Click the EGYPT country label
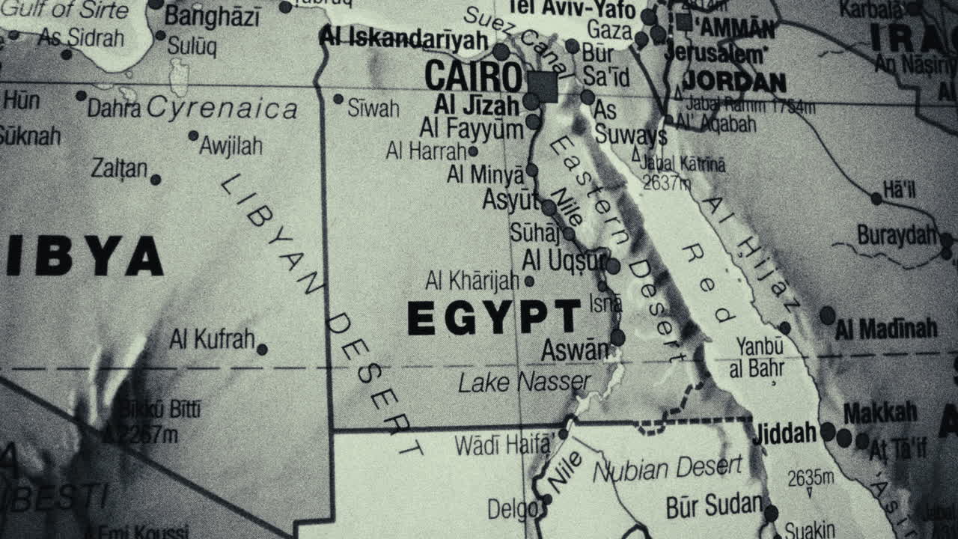pyautogui.click(x=494, y=317)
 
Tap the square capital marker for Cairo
pyautogui.click(x=543, y=87)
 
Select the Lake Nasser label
pyautogui.click(x=524, y=383)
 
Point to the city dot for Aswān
pyautogui.click(x=617, y=338)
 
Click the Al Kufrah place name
pyautogui.click(x=212, y=339)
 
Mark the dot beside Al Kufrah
pyautogui.click(x=262, y=350)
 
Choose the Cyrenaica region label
pyautogui.click(x=222, y=109)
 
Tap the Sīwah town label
pyautogui.click(x=373, y=109)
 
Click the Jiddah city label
pyautogui.click(x=784, y=433)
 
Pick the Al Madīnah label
pyautogui.click(x=886, y=329)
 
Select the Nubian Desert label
pyautogui.click(x=668, y=469)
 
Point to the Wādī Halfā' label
pyautogui.click(x=502, y=445)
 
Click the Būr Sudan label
pyautogui.click(x=714, y=506)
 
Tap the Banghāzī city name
pyautogui.click(x=213, y=16)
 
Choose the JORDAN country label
pyautogui.click(x=734, y=82)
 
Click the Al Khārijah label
pyautogui.click(x=472, y=281)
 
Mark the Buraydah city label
pyautogui.click(x=897, y=235)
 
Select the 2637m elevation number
pyautogui.click(x=667, y=182)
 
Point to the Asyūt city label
pyautogui.click(x=510, y=201)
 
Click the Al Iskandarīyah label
pyautogui.click(x=403, y=39)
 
